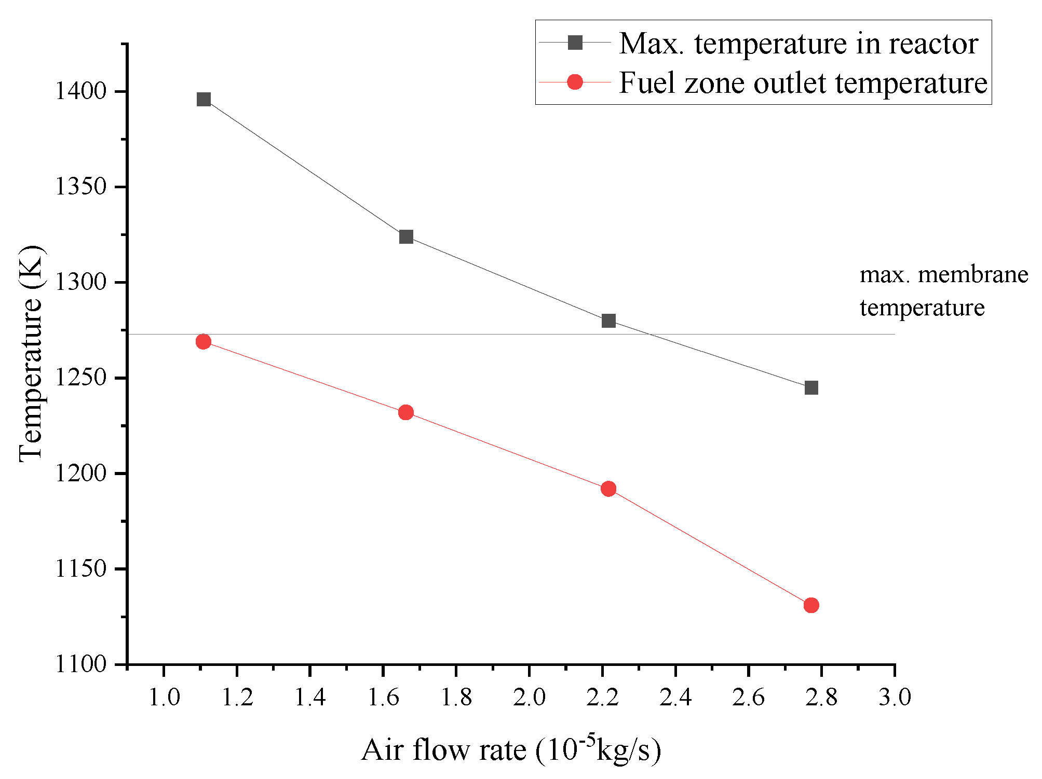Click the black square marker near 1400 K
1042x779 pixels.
click(204, 99)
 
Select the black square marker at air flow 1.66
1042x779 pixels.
click(406, 237)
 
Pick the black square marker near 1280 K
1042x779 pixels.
click(608, 321)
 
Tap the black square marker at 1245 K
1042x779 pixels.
click(811, 387)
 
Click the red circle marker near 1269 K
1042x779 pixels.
click(204, 341)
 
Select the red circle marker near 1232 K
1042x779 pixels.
click(406, 412)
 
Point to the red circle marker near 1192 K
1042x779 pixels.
click(608, 489)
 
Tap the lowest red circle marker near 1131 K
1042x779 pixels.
click(811, 605)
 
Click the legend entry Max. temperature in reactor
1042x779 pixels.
click(798, 43)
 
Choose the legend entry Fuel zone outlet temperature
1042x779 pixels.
click(802, 82)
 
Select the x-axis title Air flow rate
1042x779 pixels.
click(511, 749)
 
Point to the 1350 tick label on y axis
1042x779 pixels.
click(80, 187)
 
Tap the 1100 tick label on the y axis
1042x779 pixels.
click(80, 664)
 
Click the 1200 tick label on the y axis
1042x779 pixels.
click(80, 474)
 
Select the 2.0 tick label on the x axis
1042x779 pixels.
click(529, 698)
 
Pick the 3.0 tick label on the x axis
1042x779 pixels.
click(894, 698)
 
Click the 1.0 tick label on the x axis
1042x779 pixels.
click(164, 698)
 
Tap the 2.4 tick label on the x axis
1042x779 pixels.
click(675, 698)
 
